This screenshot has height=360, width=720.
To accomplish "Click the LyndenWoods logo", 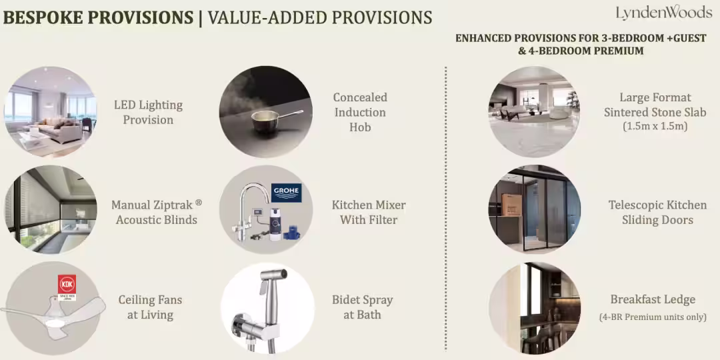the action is coord(663,13).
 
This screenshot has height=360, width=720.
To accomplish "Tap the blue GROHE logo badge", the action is coord(286,193).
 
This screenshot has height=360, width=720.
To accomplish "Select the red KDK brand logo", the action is coord(67,284).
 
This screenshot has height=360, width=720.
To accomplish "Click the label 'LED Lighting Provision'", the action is coord(148,113).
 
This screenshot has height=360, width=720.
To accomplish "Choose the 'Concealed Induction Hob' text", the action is coord(360,112).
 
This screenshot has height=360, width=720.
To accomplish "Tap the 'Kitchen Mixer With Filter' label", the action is coord(369,212).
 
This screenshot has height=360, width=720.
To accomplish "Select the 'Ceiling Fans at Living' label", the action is coord(150,307).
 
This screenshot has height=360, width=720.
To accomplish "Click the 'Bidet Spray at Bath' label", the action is coord(362,307).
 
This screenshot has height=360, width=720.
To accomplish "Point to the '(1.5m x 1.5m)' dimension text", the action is coord(655,127).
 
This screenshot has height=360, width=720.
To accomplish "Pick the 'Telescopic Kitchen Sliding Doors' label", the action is coord(657,212).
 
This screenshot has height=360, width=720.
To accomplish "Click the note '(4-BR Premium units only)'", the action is coord(653,317).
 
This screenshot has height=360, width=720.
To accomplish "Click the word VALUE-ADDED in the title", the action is coord(267,17).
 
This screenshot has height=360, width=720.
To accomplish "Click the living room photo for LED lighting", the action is coord(51,112).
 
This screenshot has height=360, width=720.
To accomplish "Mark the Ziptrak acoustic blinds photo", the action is coord(51,209).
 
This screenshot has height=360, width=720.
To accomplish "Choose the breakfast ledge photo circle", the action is coord(535,307).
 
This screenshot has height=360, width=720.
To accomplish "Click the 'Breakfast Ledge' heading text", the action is coord(653,299).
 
